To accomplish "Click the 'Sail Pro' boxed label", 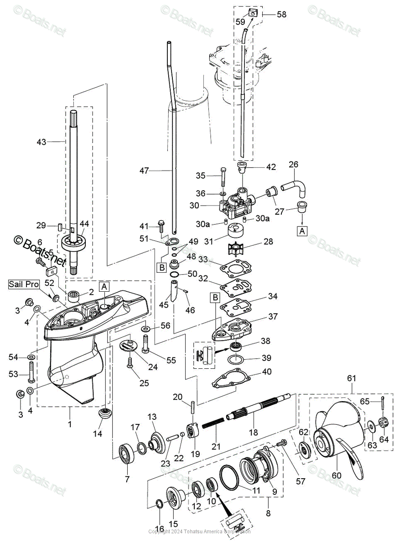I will coord(23,284).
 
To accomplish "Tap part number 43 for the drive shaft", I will coord(41,142).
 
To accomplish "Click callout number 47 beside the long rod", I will coord(144,171).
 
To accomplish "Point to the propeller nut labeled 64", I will coord(383,426).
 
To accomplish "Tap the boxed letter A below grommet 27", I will coord(301,231).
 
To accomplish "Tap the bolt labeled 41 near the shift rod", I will coord(161,223).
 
